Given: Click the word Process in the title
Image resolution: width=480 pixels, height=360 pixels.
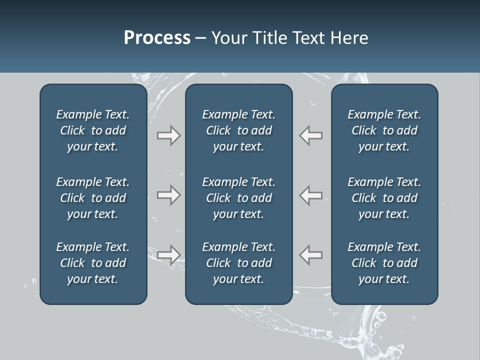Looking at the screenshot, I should click(x=157, y=38).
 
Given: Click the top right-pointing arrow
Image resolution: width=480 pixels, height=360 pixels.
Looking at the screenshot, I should click(x=168, y=135).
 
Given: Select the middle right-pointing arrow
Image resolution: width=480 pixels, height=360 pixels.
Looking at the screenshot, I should click(x=168, y=195).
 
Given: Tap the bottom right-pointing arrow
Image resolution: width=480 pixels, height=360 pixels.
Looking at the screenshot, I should click(x=168, y=254).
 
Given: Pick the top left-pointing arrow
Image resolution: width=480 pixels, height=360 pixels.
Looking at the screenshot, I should click(x=311, y=135).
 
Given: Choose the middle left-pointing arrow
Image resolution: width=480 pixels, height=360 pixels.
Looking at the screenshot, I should click(x=311, y=195).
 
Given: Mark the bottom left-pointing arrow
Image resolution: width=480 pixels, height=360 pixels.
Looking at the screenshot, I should click(x=311, y=254).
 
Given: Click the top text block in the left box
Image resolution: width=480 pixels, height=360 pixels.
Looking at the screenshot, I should click(x=93, y=130).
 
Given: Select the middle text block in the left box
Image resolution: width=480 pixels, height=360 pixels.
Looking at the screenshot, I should click(x=93, y=198).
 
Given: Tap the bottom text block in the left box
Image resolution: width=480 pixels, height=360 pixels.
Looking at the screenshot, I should click(x=93, y=263).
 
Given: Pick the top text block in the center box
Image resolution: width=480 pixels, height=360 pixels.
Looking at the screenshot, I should click(x=238, y=130).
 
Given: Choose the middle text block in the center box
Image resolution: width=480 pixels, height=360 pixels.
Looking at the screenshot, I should click(x=238, y=198).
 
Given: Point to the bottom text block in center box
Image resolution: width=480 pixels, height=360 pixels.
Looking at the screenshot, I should click(x=238, y=263).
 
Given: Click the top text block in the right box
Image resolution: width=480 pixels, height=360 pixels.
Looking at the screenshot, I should click(x=384, y=130).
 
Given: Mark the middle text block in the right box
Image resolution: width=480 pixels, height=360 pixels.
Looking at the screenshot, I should click(x=384, y=198).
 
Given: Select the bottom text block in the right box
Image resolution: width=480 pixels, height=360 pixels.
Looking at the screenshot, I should click(x=384, y=263).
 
